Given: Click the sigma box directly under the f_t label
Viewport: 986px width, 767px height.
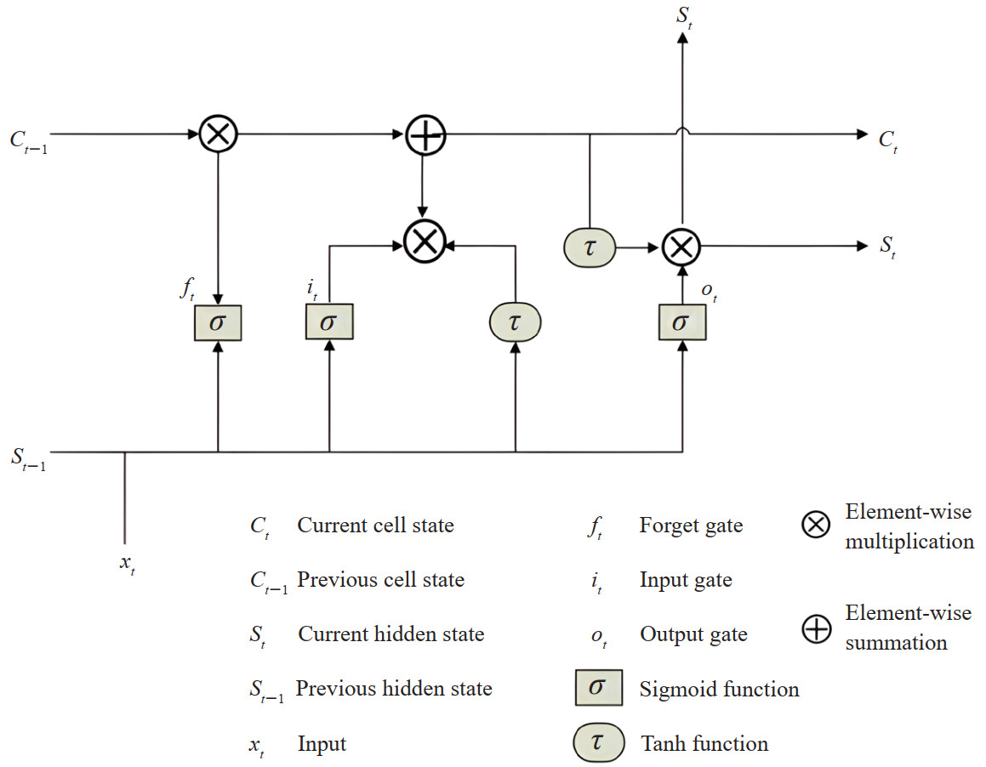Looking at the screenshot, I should pyautogui.click(x=219, y=322).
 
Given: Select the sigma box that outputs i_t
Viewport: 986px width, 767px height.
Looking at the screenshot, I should pyautogui.click(x=329, y=322).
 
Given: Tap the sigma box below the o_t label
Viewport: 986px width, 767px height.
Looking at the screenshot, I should pyautogui.click(x=682, y=322).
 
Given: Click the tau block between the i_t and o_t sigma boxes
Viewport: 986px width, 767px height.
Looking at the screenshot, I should pyautogui.click(x=515, y=322).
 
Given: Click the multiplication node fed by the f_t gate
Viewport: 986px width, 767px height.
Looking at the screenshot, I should pyautogui.click(x=219, y=134).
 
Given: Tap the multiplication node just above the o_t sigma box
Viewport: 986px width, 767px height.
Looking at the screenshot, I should pyautogui.click(x=681, y=247).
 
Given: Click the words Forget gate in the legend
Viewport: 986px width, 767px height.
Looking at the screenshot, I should pyautogui.click(x=691, y=526).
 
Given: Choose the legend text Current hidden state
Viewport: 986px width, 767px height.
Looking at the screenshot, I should pyautogui.click(x=390, y=634).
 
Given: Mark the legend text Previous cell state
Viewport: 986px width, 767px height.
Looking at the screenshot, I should pyautogui.click(x=380, y=580).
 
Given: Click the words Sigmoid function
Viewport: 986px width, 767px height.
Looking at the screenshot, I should pyautogui.click(x=719, y=689).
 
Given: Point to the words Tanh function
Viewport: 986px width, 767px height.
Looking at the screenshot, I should pyautogui.click(x=704, y=744).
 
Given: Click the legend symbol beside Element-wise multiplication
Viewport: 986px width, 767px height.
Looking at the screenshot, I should pyautogui.click(x=816, y=526).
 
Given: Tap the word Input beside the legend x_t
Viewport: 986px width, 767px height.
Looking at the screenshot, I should pyautogui.click(x=322, y=744).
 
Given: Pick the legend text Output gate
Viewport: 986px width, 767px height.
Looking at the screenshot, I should pyautogui.click(x=693, y=634).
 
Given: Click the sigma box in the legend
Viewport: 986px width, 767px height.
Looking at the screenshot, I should pyautogui.click(x=597, y=688).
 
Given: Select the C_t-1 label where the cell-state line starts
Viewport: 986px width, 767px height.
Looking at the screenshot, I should pyautogui.click(x=28, y=139).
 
